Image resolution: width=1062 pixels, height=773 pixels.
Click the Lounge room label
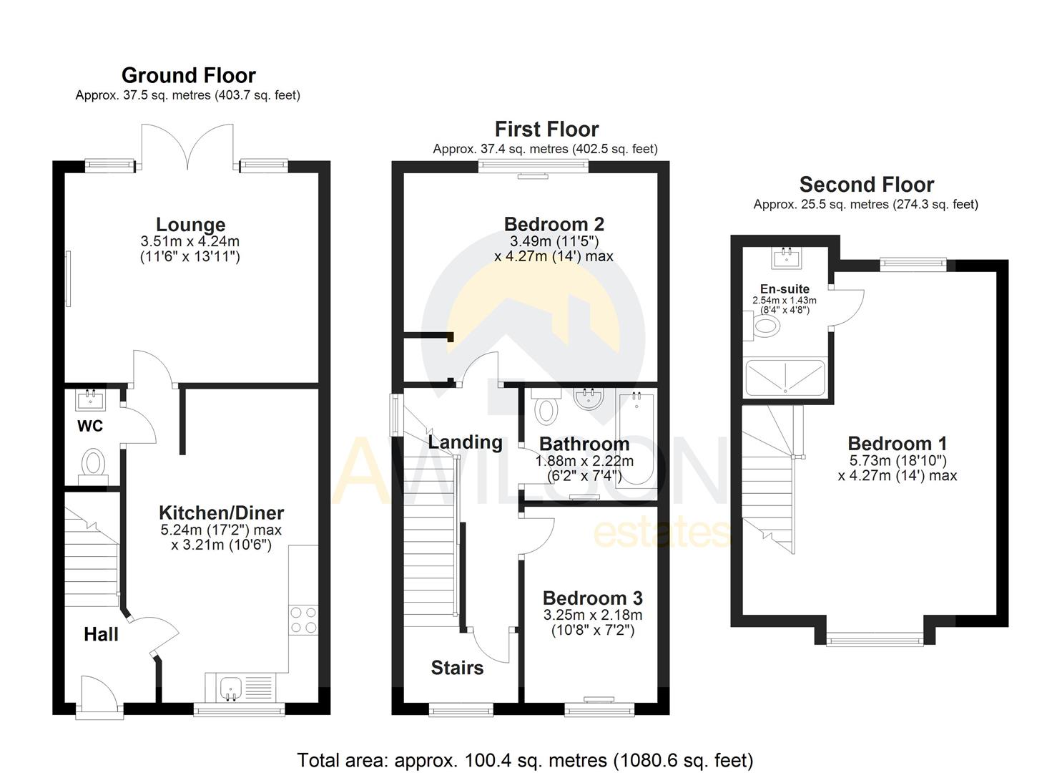click(190, 225)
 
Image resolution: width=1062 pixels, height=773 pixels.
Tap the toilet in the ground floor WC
click(92, 463)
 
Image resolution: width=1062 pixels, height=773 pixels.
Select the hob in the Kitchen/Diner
click(303, 620)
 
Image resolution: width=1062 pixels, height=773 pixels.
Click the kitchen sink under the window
click(231, 688)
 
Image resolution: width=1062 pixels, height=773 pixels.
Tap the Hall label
click(101, 634)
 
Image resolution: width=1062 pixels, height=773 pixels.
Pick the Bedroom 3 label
click(592, 598)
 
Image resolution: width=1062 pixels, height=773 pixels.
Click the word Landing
click(465, 442)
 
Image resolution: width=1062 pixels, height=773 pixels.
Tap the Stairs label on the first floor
click(457, 668)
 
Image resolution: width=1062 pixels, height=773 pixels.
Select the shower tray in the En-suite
click(785, 377)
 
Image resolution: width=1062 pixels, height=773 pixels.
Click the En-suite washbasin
click(785, 257)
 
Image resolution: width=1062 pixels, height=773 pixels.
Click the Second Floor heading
click(866, 185)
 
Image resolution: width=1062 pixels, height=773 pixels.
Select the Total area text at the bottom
click(525, 759)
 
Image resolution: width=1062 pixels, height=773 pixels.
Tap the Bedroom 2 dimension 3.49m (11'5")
click(554, 241)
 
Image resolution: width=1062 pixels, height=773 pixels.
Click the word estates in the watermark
click(662, 533)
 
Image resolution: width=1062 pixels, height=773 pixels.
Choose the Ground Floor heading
click(188, 75)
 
